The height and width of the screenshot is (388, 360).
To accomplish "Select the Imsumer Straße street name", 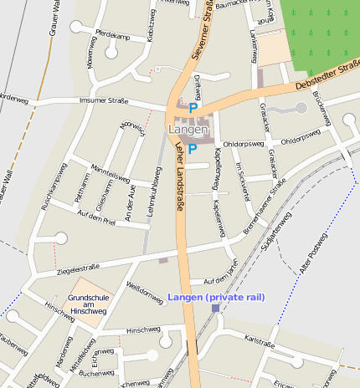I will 102,100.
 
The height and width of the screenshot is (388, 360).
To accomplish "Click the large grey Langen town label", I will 186,130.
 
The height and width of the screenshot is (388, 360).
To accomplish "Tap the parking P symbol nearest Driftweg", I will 193,108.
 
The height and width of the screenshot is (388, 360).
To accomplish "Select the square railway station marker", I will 216,309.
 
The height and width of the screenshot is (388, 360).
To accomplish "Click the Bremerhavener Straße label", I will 265,205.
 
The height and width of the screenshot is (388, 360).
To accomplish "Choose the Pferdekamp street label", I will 114,36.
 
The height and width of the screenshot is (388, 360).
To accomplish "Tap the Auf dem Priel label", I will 95,218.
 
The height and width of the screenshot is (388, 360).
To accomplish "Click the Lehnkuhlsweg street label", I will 154,190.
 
